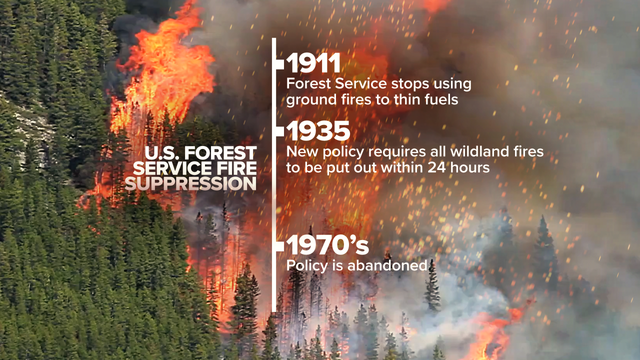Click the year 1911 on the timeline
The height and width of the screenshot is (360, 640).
click(313, 63)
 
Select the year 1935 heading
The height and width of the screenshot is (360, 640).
click(318, 131)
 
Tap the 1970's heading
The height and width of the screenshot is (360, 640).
click(327, 245)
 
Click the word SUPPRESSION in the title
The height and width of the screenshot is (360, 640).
click(190, 183)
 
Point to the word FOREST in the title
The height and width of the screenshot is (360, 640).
click(220, 153)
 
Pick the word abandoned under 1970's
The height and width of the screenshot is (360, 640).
click(387, 265)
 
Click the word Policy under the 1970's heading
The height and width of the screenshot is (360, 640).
click(307, 266)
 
